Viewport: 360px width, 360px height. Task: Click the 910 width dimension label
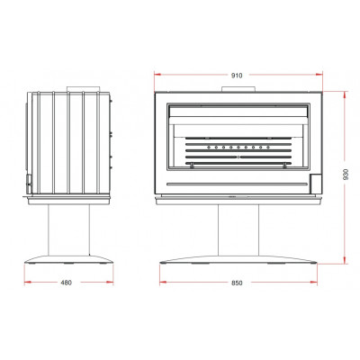click(237, 76)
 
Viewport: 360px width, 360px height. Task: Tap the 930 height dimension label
click(346, 174)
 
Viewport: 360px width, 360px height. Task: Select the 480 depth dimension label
click(67, 283)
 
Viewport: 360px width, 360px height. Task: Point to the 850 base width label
click(237, 283)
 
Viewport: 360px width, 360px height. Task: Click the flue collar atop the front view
click(238, 89)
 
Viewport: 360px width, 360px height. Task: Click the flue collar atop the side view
click(83, 89)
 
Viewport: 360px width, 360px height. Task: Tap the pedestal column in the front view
click(238, 230)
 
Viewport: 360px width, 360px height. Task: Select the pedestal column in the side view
click(68, 230)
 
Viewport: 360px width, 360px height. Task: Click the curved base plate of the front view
click(238, 259)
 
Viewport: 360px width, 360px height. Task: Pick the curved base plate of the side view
click(68, 259)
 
